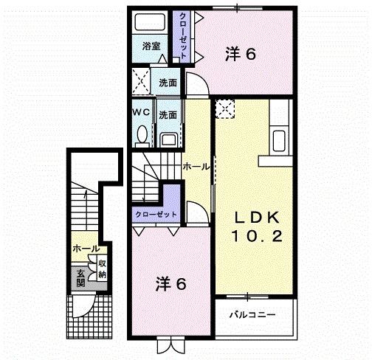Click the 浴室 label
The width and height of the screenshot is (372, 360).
151,46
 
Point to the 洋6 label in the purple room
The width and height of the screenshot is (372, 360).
170,283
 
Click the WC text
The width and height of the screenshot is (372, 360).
142,114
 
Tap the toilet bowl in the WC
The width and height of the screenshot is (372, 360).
142,135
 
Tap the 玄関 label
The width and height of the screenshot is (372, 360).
79,277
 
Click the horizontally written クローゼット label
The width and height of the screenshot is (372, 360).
155,213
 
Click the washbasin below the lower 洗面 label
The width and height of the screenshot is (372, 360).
168,138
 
